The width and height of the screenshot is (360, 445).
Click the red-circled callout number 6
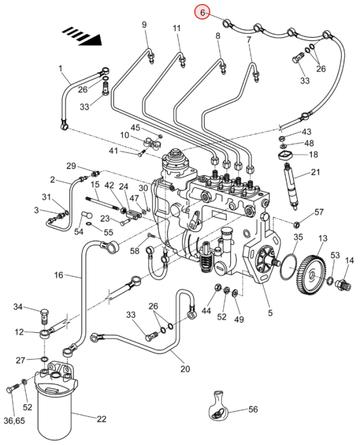pos(202,12)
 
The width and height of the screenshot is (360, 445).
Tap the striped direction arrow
pos(82,36)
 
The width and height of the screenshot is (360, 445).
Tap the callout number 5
pos(270,313)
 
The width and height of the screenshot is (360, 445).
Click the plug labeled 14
pos(343,284)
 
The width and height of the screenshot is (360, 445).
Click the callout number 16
pos(59,275)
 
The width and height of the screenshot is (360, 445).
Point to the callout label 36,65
pos(14,420)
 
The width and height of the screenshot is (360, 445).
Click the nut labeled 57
pos(297,224)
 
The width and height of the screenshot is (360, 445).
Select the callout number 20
pos(185,368)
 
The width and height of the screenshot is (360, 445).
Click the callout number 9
pos(144,24)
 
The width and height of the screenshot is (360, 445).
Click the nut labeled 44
pos(217,287)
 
